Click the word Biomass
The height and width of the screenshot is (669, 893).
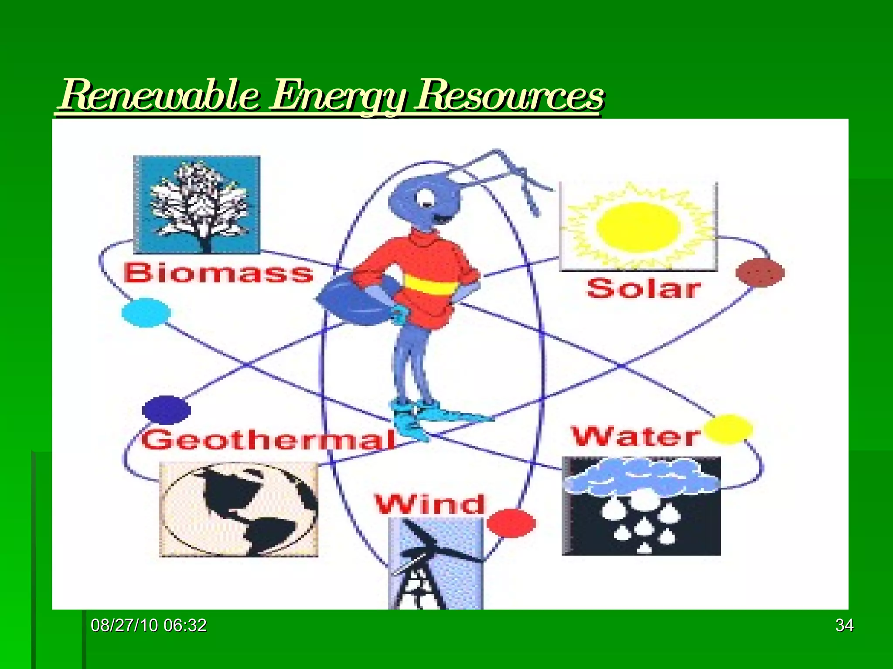pos(218,274)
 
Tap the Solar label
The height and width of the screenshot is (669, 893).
pos(644,288)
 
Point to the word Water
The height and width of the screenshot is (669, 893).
pos(636,436)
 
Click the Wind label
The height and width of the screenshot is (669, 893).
pos(429,504)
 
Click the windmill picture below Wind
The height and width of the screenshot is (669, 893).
pos(436,564)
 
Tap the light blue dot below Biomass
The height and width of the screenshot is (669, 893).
pos(146,312)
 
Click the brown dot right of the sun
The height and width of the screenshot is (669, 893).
pos(760,273)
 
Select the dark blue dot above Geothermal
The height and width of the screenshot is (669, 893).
pos(166,409)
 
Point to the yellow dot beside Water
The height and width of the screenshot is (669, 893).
pos(728,429)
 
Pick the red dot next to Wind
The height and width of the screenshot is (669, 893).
pos(511,523)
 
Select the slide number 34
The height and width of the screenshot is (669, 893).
pos(844,625)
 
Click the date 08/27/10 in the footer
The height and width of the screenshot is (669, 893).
pos(124,625)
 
